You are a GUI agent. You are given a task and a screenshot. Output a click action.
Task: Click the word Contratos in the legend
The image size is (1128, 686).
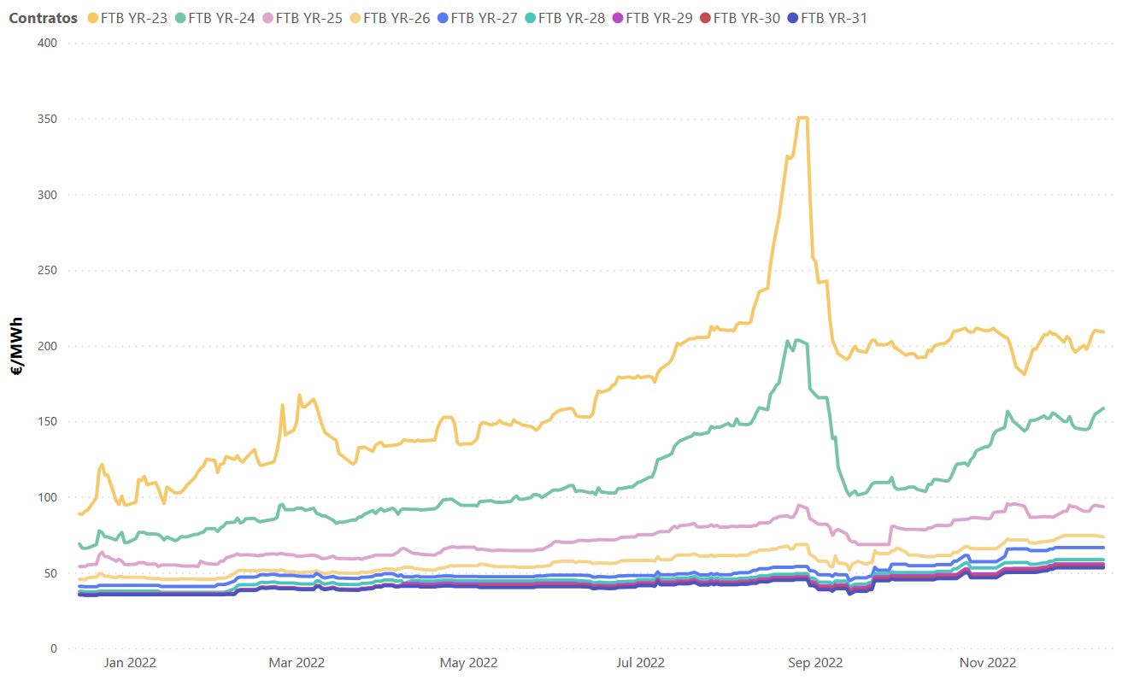(x=43, y=17)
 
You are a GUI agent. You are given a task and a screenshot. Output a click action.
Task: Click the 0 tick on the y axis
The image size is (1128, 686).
(x=53, y=648)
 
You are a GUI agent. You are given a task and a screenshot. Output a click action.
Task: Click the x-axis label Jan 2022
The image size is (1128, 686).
(x=129, y=662)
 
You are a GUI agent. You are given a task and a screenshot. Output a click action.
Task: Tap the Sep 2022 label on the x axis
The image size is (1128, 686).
(x=814, y=662)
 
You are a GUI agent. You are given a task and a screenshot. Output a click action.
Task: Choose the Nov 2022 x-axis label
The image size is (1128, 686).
(x=987, y=662)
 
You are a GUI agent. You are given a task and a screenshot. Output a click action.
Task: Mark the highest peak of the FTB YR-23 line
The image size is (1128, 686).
(x=802, y=118)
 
